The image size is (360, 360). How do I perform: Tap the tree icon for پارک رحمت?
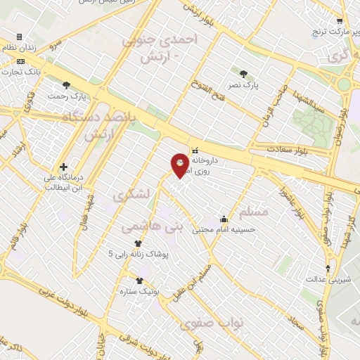[66, 85]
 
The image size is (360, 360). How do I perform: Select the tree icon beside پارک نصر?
[243, 73]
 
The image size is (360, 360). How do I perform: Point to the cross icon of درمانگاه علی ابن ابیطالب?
[64, 167]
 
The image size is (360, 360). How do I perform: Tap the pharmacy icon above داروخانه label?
[195, 150]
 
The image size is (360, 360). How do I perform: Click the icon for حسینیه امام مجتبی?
[224, 219]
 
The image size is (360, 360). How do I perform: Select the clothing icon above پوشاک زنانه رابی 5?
[127, 243]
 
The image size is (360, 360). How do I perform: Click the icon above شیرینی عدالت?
[327, 269]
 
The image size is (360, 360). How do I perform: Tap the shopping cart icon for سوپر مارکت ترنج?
[340, 21]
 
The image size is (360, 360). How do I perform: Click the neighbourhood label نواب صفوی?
[212, 323]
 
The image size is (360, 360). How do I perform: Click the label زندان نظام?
[19, 46]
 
